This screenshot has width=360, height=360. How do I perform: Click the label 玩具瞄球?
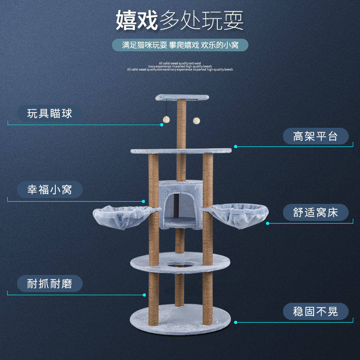(50, 113)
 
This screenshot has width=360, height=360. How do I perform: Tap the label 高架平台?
(315, 136)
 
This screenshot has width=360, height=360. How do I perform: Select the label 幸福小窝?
(50, 189)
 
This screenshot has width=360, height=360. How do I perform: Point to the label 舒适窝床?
(315, 212)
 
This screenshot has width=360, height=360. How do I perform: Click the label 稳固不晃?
(315, 311)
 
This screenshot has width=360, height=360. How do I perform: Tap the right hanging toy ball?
(196, 120)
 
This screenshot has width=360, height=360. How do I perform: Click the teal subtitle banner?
(180, 45)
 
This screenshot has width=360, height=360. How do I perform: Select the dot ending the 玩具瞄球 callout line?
(162, 125)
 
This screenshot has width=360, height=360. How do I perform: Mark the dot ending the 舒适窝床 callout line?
(267, 223)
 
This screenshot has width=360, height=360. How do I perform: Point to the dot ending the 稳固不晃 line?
(236, 322)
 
